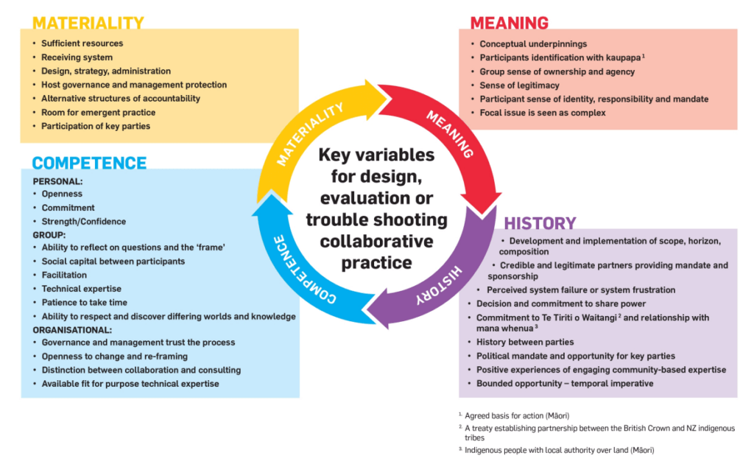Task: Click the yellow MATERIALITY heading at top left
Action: click(x=88, y=22)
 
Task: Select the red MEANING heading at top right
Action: click(x=509, y=22)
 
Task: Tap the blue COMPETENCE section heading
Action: click(x=89, y=163)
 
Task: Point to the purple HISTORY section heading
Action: click(x=540, y=223)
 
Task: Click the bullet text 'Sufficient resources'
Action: click(x=82, y=43)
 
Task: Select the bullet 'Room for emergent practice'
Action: click(x=98, y=113)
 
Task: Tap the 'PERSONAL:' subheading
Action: click(x=58, y=180)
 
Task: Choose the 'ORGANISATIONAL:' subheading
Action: click(x=72, y=330)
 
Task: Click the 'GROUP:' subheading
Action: click(x=49, y=235)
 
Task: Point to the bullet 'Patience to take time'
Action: click(x=84, y=303)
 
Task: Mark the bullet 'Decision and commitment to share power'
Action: click(x=561, y=303)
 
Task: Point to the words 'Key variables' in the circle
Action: click(x=376, y=155)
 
